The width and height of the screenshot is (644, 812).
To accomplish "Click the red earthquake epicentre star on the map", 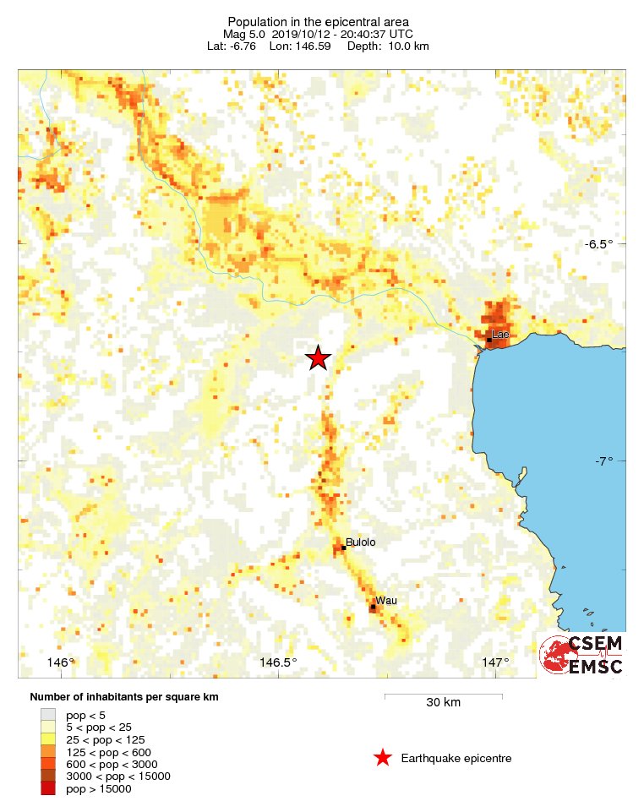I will click(318, 358).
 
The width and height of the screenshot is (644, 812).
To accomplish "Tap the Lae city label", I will click(501, 335).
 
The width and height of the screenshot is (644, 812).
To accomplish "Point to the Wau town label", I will click(386, 600).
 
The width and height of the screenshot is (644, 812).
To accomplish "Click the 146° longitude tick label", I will click(62, 662).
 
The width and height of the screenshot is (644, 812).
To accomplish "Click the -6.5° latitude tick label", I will click(599, 244).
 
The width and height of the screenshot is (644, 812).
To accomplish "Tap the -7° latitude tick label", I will click(603, 461).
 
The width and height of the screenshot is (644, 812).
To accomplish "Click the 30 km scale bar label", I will click(443, 703).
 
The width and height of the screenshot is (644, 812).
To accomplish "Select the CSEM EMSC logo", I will click(581, 656).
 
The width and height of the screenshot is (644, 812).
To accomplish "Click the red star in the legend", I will click(383, 758).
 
